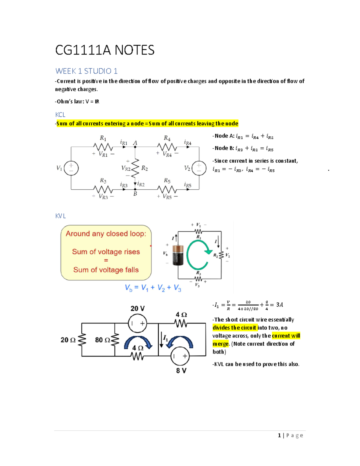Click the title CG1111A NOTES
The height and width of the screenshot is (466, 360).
[x=105, y=50]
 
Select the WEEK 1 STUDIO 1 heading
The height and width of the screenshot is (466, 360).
[x=86, y=71]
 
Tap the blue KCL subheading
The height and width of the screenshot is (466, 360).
[x=60, y=115]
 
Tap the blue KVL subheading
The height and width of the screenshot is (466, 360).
[x=60, y=216]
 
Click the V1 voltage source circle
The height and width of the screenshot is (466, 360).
[x=71, y=168]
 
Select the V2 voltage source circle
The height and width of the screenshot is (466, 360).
[x=199, y=168]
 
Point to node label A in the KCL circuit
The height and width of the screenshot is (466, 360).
[x=135, y=143]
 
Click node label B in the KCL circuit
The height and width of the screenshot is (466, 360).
[x=135, y=194]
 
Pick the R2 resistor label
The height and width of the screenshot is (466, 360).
[x=145, y=168]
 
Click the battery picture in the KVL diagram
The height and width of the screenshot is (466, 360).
[x=178, y=255]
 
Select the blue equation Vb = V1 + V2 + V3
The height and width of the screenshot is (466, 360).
[x=153, y=288]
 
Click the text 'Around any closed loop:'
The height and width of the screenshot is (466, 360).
[x=106, y=234]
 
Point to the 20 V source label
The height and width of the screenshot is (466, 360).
[x=137, y=308]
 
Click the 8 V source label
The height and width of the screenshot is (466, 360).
[x=181, y=371]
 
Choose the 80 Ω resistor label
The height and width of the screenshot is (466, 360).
[x=102, y=340]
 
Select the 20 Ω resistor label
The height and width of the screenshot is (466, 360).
[x=68, y=340]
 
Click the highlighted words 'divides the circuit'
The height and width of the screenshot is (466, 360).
[x=235, y=328]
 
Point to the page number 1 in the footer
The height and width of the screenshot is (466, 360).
[x=279, y=435]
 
